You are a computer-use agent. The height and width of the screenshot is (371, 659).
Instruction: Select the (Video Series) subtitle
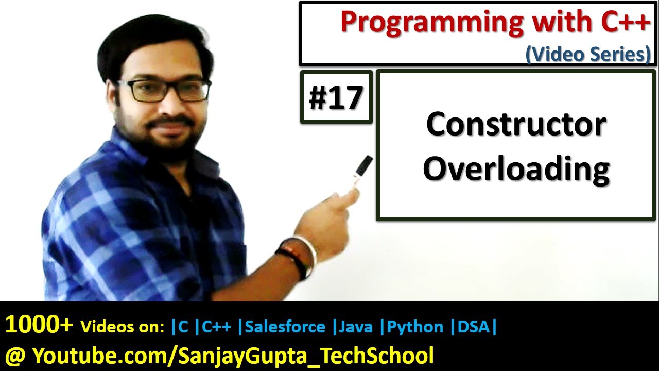click(587, 54)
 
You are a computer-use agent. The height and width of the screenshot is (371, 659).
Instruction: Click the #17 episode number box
click(336, 97)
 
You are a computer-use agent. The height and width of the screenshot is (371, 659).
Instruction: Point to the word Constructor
click(516, 125)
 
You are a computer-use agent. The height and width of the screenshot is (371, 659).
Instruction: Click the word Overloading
click(516, 169)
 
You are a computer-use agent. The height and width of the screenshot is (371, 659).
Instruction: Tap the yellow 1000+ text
click(39, 326)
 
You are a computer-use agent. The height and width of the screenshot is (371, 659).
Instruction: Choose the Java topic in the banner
click(356, 327)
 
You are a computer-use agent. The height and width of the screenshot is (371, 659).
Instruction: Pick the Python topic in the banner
click(415, 327)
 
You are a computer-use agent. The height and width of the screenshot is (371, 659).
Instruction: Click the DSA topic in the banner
click(473, 327)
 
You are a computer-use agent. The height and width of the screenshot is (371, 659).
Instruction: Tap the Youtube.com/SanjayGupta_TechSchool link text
click(233, 355)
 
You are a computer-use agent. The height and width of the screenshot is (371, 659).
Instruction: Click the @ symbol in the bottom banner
click(14, 355)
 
